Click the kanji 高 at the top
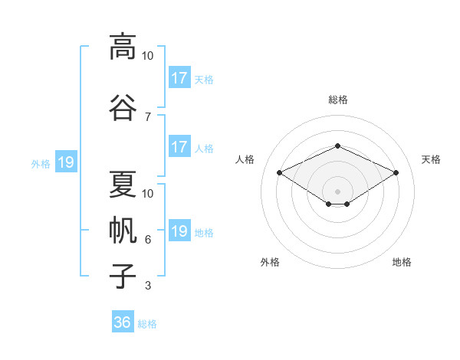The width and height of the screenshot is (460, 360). click(123, 47)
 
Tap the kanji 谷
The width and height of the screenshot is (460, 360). click(123, 107)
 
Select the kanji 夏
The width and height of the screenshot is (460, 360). click(123, 184)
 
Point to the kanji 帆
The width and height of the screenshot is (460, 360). click(123, 230)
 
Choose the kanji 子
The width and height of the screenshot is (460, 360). click(123, 277)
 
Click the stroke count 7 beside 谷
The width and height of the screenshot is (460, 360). click(148, 117)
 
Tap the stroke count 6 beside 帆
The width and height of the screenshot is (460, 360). click(148, 240)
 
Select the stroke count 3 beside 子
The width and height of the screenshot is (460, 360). click(148, 286)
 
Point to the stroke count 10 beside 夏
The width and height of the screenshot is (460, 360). click(147, 194)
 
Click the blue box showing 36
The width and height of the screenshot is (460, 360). click(123, 321)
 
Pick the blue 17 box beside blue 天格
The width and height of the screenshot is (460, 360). click(179, 77)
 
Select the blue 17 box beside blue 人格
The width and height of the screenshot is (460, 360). click(179, 146)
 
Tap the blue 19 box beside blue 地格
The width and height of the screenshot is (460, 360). click(179, 230)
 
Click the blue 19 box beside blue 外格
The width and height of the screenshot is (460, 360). click(66, 162)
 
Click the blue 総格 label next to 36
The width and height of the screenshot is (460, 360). click(147, 324)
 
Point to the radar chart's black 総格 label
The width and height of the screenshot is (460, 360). click(338, 100)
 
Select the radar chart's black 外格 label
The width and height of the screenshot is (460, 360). click(270, 262)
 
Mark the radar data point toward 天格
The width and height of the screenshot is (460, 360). click(396, 172)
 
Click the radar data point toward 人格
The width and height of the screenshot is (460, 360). click(279, 172)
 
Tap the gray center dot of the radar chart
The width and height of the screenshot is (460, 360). click(337, 191)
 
